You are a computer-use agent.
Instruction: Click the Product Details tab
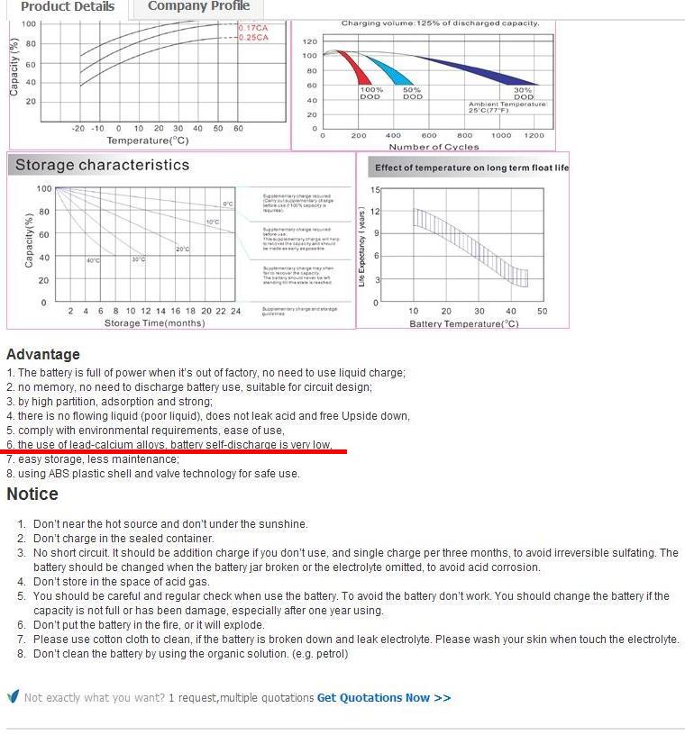pos(68,7)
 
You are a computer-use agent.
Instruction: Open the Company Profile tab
pos(198,6)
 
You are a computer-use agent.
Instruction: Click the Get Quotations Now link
pos(384,697)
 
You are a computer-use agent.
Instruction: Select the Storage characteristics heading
pos(102,165)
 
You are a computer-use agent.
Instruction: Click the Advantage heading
pos(43,354)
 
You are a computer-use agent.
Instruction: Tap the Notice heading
pos(32,494)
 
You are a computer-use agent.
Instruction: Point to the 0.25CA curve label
pos(254,38)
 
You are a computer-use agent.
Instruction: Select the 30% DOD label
pos(523,94)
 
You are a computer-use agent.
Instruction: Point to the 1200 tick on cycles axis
pos(534,135)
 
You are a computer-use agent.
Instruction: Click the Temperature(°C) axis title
pos(148,141)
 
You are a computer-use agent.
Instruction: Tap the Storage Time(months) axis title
pos(155,322)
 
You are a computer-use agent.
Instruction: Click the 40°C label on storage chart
pos(93,260)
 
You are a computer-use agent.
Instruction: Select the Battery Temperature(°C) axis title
pos(464,323)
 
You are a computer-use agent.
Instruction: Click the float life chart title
pos(471,168)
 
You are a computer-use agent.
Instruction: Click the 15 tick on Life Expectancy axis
pos(375,190)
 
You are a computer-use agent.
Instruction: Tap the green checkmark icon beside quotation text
pos(13,696)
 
